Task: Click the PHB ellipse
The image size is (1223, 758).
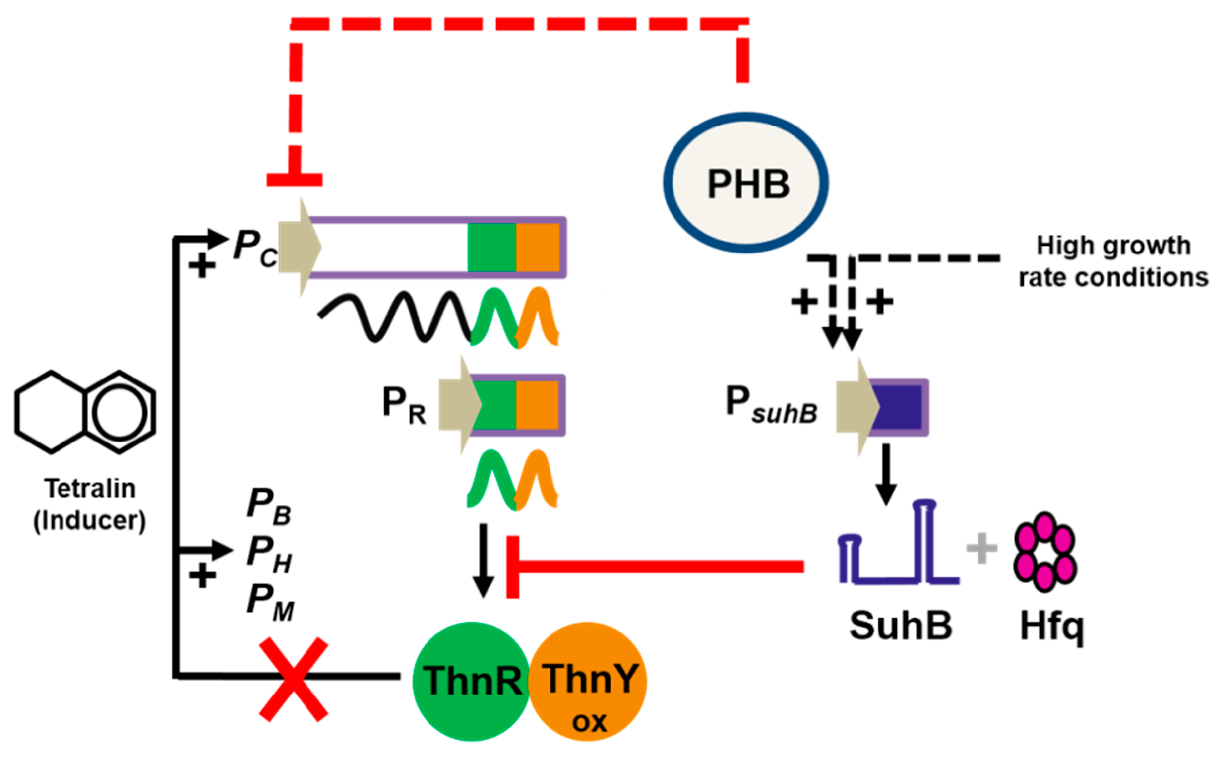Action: coord(746,183)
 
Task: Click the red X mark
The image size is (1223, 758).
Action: coord(294,679)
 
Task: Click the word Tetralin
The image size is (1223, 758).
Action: coord(90,488)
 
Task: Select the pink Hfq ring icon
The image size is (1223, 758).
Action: coord(1045,552)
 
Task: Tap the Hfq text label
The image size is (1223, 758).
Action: coord(1052,627)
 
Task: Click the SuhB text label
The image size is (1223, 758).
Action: coord(901,626)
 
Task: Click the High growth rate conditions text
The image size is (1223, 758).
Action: coord(1113,261)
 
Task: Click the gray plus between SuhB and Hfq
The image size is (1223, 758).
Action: coord(981,548)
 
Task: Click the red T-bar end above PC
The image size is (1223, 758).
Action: coord(294,179)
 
